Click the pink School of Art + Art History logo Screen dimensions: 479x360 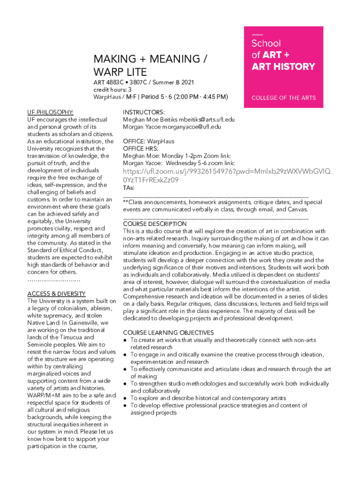pyautogui.click(x=283, y=67)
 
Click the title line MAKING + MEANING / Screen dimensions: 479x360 pyautogui.click(x=150, y=59)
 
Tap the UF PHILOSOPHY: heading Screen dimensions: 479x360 pyautogui.click(x=50, y=112)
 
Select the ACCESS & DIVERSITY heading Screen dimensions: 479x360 pyautogui.click(x=56, y=294)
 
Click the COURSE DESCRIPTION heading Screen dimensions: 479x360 pyautogui.click(x=154, y=224)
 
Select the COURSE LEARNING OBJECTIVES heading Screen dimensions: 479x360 pyautogui.click(x=168, y=333)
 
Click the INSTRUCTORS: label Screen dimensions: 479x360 pyautogui.click(x=144, y=112)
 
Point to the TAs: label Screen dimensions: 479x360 pyautogui.click(x=129, y=188)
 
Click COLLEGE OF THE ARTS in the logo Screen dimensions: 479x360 pyautogui.click(x=283, y=98)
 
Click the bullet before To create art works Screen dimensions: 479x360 pyautogui.click(x=125, y=340)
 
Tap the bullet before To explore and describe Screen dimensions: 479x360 pyautogui.click(x=125, y=398)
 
